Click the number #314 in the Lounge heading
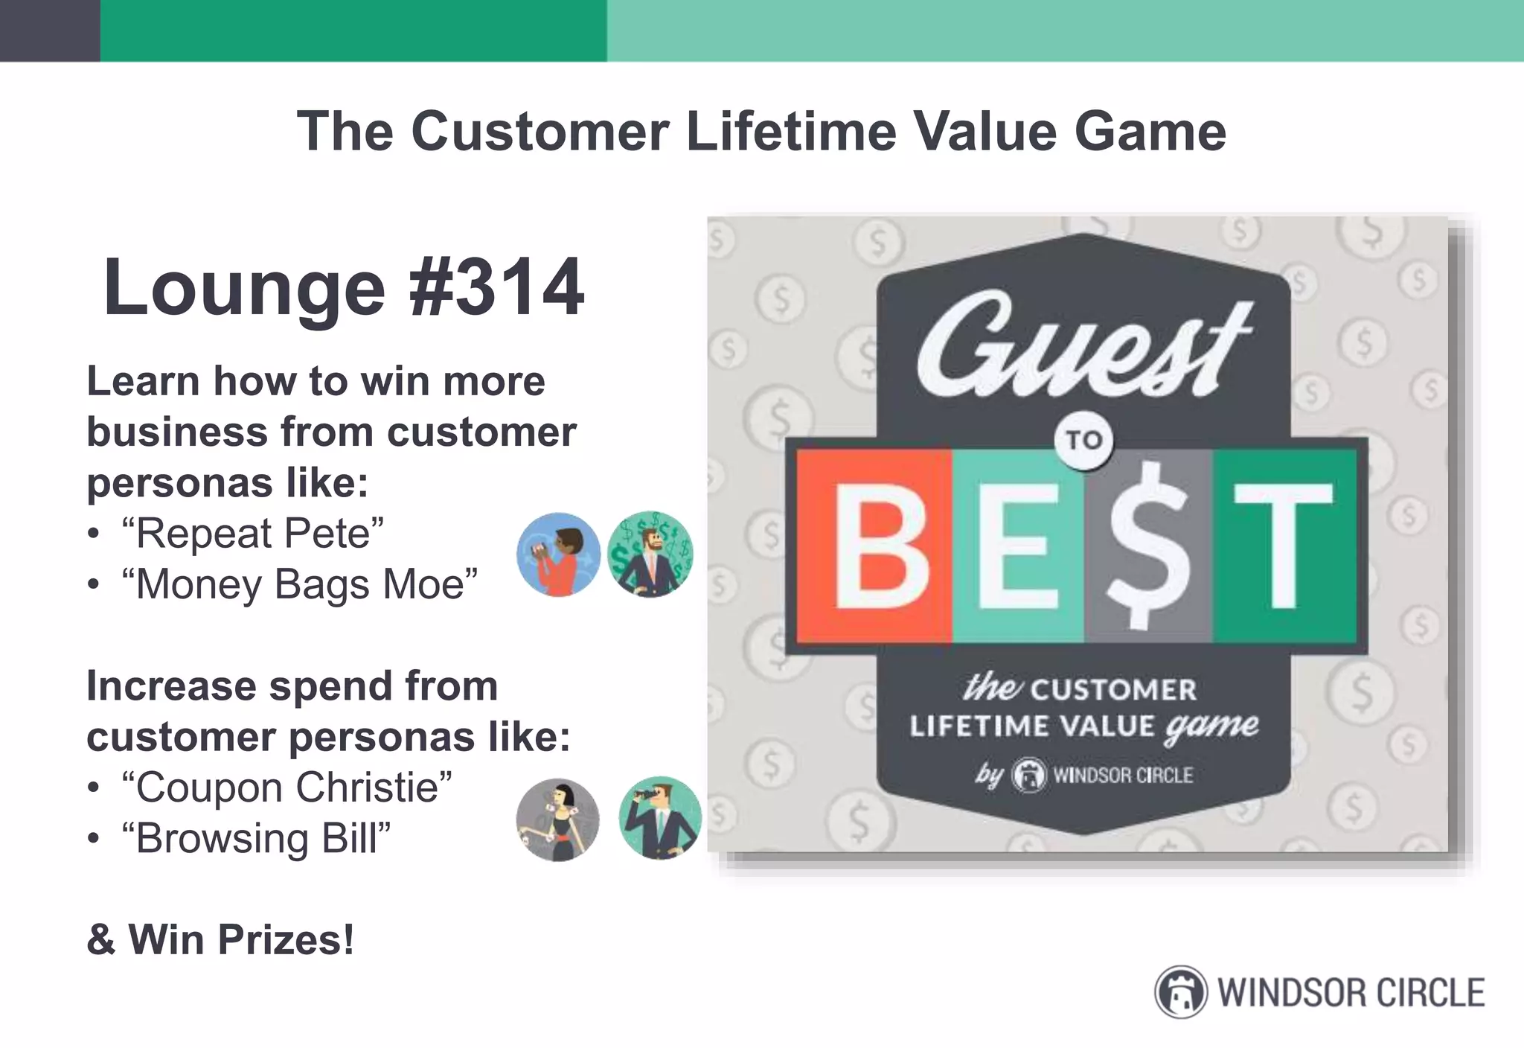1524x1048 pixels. point(496,288)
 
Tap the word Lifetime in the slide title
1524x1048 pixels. point(791,132)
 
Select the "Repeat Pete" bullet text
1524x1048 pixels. point(253,534)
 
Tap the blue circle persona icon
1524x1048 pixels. point(558,555)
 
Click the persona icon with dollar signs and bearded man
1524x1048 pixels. point(650,555)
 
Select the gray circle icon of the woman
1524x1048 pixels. point(557,820)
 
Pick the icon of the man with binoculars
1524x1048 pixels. point(660,819)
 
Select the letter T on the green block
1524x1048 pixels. point(1284,547)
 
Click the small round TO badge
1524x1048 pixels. point(1083,440)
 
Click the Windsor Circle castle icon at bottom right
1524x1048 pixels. point(1181,992)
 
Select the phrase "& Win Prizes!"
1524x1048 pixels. point(220,939)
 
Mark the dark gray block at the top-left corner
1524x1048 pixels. point(50,31)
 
